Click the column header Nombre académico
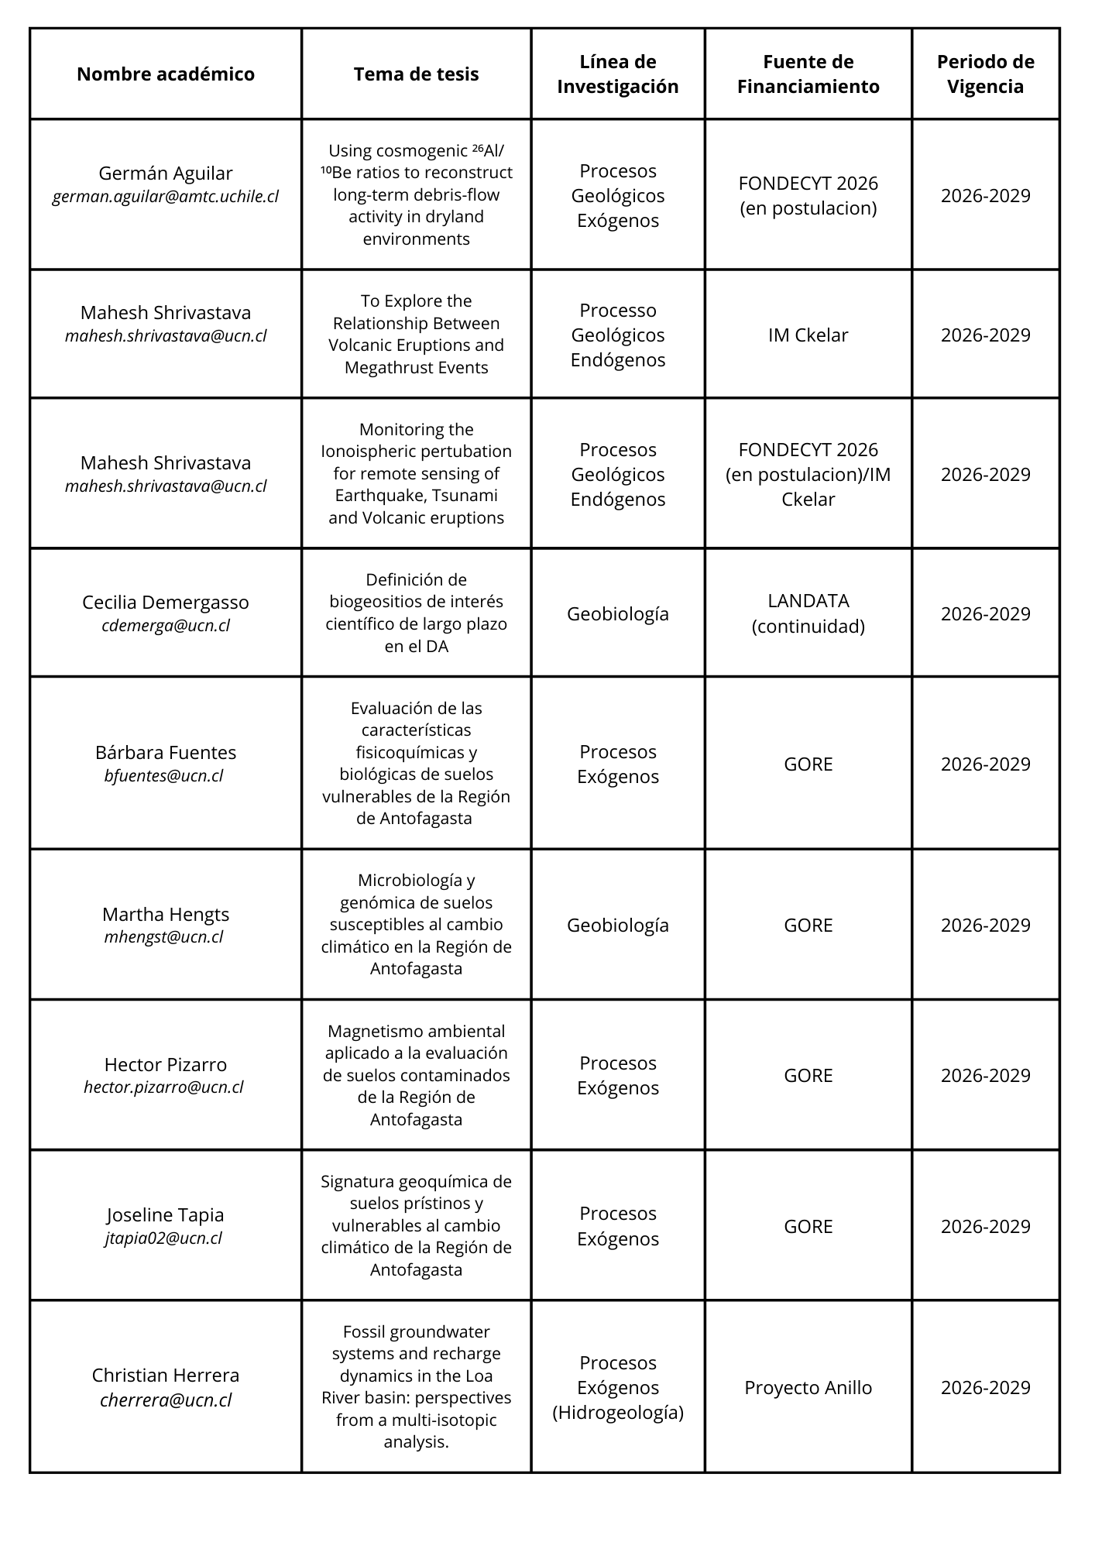click(166, 74)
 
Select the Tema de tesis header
click(416, 74)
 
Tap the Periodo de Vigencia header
click(985, 74)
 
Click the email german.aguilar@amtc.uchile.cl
click(166, 197)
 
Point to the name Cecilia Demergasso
click(166, 603)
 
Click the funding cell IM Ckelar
click(808, 335)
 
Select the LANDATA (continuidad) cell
click(808, 613)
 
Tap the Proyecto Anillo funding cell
click(808, 1387)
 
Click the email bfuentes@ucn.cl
click(163, 775)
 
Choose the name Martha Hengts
click(166, 914)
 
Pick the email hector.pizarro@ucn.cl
click(163, 1087)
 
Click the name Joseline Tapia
click(166, 1214)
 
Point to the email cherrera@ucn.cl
click(166, 1400)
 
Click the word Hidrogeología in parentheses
click(618, 1412)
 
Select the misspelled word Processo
click(618, 311)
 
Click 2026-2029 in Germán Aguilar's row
click(985, 195)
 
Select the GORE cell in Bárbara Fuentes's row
click(808, 764)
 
